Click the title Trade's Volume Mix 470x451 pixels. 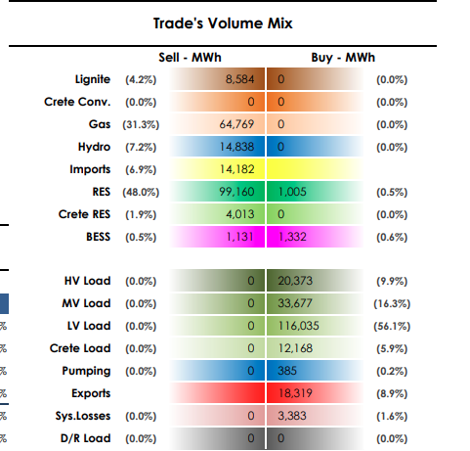pyautogui.click(x=223, y=23)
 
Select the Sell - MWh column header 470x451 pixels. pyautogui.click(x=190, y=58)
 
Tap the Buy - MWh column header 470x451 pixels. pyautogui.click(x=343, y=58)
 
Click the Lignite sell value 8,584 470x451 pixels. pyautogui.click(x=239, y=79)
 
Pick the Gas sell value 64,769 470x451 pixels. pyautogui.click(x=236, y=124)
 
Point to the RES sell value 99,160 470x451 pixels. pyautogui.click(x=236, y=192)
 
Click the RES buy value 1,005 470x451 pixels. pyautogui.click(x=292, y=192)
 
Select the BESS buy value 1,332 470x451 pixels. pyautogui.click(x=292, y=237)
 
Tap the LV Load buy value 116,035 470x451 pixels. pyautogui.click(x=298, y=326)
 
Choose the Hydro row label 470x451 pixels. pyautogui.click(x=94, y=147)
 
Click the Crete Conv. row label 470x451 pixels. pyautogui.click(x=77, y=102)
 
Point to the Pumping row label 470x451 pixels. pyautogui.click(x=86, y=371)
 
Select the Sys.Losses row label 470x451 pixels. pyautogui.click(x=83, y=416)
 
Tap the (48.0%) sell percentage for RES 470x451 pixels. pyautogui.click(x=141, y=192)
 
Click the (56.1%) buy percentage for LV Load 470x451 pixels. pyautogui.click(x=392, y=326)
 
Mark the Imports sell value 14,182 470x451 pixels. pyautogui.click(x=236, y=169)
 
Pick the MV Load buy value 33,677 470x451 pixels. pyautogui.click(x=295, y=303)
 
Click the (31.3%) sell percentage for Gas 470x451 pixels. pyautogui.click(x=141, y=124)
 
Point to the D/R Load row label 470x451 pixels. pyautogui.click(x=86, y=438)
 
